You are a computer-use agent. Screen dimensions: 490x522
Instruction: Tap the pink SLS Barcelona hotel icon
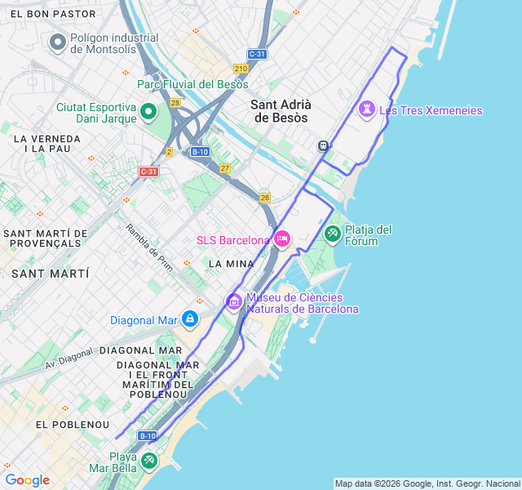(x=281, y=239)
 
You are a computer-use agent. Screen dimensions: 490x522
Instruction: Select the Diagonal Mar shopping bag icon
(x=189, y=318)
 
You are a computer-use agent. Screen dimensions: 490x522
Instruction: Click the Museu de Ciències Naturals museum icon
(x=234, y=302)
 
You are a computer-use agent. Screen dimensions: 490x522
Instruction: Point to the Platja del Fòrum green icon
(x=333, y=234)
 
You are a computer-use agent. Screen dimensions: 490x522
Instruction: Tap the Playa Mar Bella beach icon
(x=149, y=461)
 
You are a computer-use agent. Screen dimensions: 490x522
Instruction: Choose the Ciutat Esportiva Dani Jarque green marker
(x=148, y=112)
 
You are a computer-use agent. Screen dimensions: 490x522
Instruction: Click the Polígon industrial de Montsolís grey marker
(x=58, y=42)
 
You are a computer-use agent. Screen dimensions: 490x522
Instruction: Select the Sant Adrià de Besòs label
(x=279, y=110)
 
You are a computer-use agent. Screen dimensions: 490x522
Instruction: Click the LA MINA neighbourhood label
(x=232, y=264)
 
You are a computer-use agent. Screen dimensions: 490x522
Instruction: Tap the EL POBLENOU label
(x=72, y=425)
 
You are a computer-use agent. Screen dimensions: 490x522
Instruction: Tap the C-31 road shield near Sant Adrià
(x=257, y=54)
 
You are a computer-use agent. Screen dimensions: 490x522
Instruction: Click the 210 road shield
(x=241, y=69)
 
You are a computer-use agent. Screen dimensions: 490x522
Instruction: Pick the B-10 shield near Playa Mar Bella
(x=147, y=436)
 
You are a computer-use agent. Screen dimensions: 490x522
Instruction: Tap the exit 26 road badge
(x=264, y=197)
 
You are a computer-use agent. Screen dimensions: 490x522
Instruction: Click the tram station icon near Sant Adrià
(x=324, y=145)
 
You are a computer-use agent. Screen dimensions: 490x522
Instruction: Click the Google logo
(x=27, y=480)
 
